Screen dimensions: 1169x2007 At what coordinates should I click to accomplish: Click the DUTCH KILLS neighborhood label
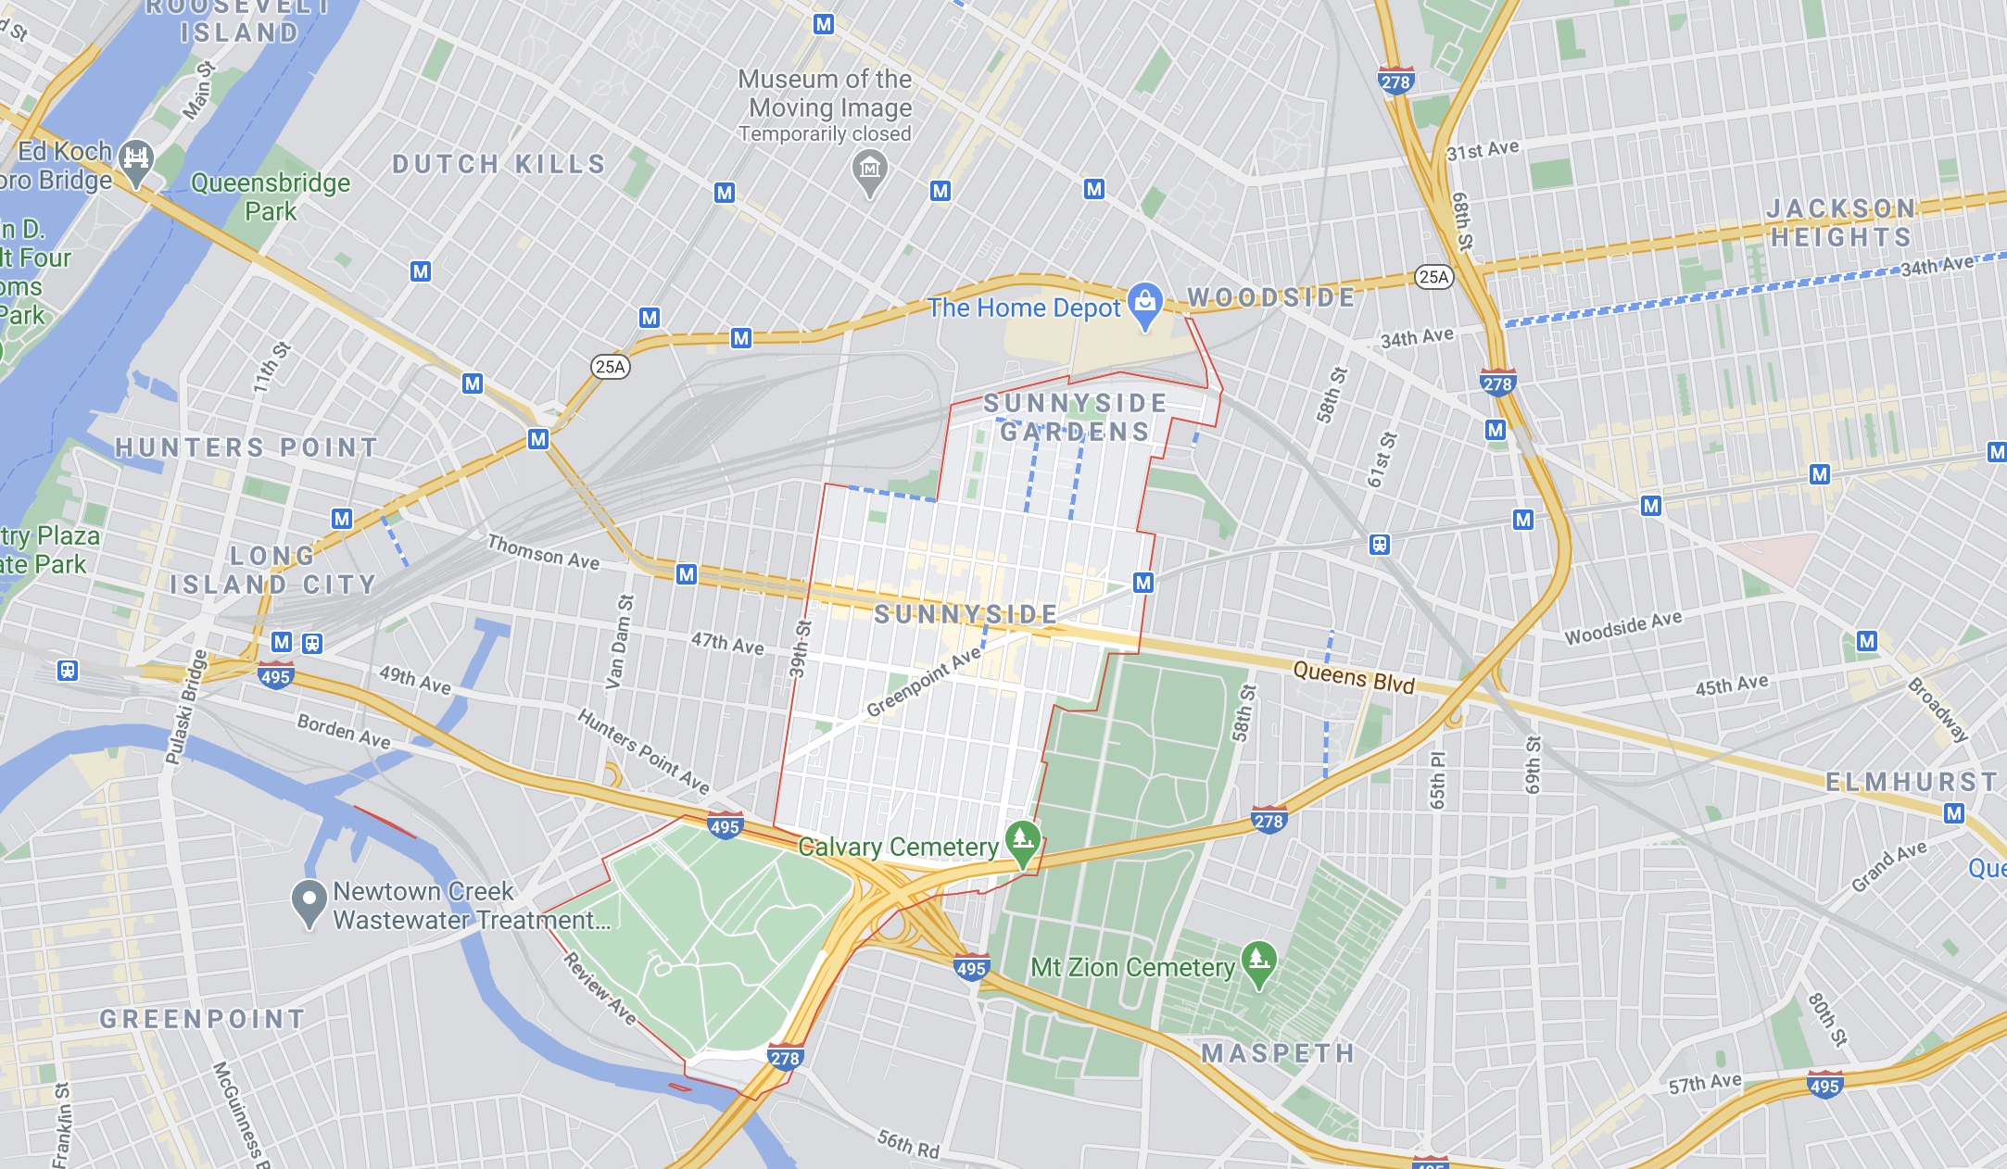tap(499, 165)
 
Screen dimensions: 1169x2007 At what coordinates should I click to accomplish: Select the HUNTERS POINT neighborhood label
tap(246, 448)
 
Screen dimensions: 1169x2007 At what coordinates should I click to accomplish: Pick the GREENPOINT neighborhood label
tap(202, 1019)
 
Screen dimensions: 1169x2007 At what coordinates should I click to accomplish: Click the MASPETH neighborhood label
tap(1278, 1053)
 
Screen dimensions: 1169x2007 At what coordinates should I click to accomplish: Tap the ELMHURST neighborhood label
tap(1911, 783)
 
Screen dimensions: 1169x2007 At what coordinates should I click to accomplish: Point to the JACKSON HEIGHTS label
tap(1840, 223)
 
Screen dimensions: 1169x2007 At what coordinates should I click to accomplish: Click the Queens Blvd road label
tap(1354, 677)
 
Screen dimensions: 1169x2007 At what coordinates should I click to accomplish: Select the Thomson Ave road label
tap(544, 553)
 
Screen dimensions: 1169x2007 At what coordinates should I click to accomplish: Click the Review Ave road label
tap(600, 988)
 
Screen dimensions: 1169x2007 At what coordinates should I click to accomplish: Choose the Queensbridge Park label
tap(271, 196)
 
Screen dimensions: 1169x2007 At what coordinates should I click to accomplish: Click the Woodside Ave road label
tap(1623, 628)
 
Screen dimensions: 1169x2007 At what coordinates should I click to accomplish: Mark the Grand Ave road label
tap(1888, 866)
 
